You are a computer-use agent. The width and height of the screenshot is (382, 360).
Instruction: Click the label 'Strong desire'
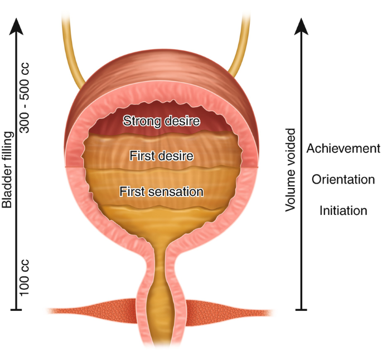(x=161, y=120)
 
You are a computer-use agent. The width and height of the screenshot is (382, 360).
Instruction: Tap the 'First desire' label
(x=161, y=156)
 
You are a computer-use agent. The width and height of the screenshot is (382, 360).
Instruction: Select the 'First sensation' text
(x=161, y=191)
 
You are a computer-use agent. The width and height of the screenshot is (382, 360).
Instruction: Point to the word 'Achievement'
(x=343, y=148)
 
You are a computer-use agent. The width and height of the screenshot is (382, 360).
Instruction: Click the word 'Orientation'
(x=343, y=180)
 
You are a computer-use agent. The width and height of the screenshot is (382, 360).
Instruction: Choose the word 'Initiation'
(x=343, y=211)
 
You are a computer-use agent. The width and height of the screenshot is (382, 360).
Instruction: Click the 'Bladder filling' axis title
(x=7, y=170)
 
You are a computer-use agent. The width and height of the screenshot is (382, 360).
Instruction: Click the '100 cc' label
(x=25, y=277)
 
